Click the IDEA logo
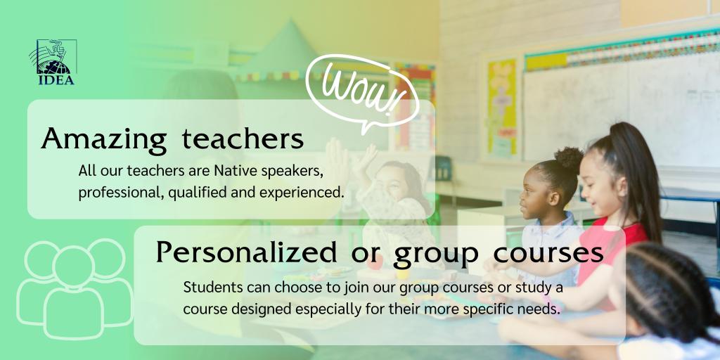point(54,62)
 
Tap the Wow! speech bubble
point(362,93)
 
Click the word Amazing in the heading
point(104,139)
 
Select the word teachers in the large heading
point(242,139)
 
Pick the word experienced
point(302,193)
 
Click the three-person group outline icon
point(74,289)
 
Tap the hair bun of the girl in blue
point(569,158)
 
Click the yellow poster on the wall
point(501,109)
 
